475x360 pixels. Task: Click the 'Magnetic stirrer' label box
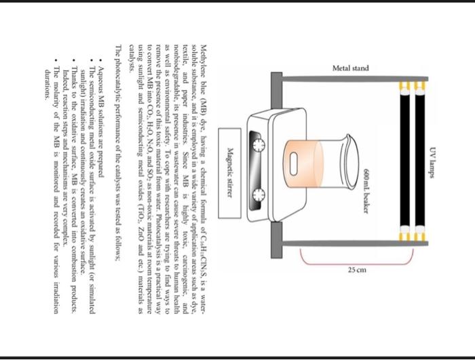click(x=231, y=163)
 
